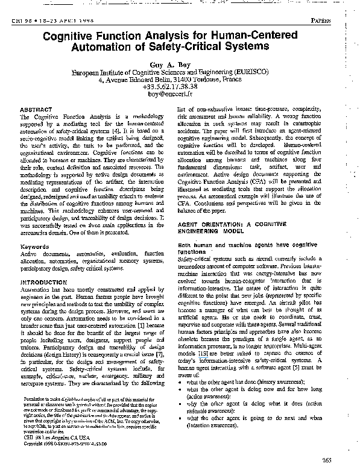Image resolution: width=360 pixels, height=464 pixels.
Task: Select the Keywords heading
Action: [x=35, y=247]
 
